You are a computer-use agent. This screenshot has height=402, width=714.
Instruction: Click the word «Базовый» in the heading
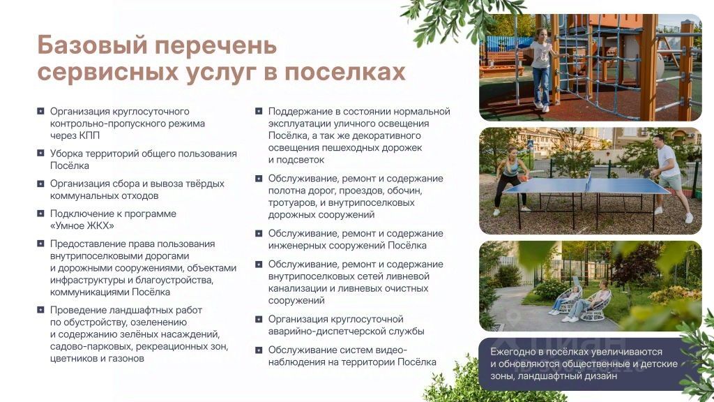pos(93,45)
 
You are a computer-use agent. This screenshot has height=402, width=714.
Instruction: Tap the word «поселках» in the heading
pos(345,72)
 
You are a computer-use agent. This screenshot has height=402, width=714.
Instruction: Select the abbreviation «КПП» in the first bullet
pos(89,135)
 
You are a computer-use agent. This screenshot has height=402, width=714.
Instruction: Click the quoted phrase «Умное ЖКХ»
pos(82,225)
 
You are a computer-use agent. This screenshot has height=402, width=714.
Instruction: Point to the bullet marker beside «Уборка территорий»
pos(40,153)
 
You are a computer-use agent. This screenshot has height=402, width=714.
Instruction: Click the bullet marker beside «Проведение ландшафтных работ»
pos(40,310)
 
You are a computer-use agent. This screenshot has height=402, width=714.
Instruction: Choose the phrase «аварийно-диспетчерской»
pos(326,332)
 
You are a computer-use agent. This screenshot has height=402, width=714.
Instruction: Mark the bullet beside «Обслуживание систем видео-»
pos(259,350)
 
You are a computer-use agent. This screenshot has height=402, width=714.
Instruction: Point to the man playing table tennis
pos(670,178)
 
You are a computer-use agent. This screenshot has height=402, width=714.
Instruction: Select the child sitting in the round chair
pos(565,300)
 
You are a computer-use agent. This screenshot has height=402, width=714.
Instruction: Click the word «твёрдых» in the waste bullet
pos(206,184)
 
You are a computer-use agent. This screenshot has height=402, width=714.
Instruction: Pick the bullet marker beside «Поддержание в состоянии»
pos(259,111)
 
